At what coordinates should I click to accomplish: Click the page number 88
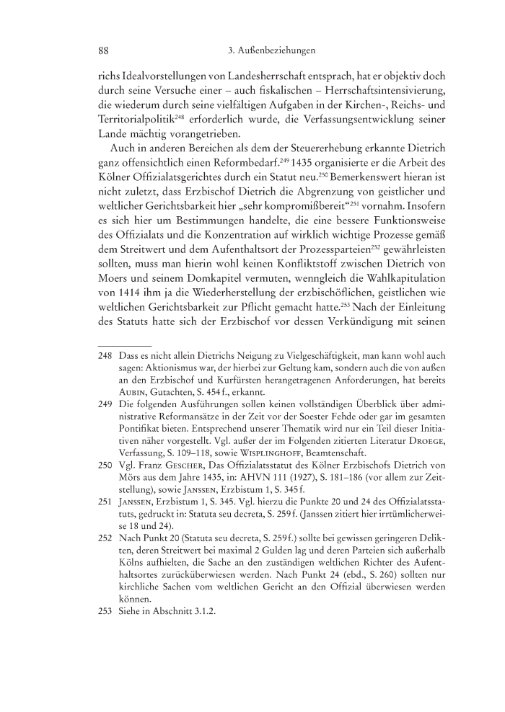[x=102, y=52]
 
